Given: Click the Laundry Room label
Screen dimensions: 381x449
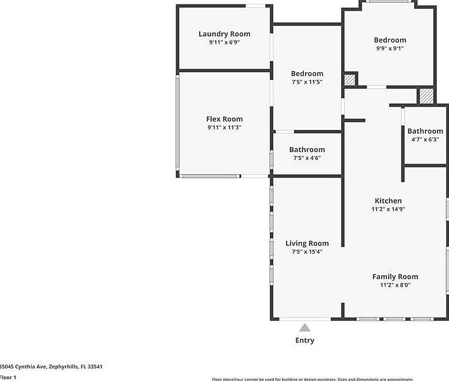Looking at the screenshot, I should (224, 34).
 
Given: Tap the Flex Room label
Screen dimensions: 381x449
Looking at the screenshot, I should (224, 119).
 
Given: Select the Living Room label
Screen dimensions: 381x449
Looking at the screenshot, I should (307, 243).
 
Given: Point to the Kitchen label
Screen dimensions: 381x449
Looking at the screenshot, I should (388, 201).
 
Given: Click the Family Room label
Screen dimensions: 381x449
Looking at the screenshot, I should (394, 276).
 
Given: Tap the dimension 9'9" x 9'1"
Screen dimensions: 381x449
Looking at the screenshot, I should (389, 48).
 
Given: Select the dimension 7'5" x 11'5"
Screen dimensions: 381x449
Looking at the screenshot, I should (307, 82).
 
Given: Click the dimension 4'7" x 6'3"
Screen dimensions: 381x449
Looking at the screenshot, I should (425, 139).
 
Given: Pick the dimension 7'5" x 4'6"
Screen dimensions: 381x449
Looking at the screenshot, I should (307, 158).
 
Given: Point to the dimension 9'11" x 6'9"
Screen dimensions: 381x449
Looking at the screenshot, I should (224, 42).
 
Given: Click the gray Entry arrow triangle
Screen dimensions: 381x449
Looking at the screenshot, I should (305, 328).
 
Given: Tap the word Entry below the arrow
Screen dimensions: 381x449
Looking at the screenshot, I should (305, 340).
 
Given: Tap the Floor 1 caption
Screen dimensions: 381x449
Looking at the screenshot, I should (8, 377).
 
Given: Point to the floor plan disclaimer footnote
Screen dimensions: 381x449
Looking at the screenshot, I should (330, 378).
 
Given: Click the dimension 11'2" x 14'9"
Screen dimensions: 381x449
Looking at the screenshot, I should (388, 209).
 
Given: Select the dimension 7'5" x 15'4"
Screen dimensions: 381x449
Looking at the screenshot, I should (307, 252).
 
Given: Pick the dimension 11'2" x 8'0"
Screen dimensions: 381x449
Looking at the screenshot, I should (394, 285).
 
